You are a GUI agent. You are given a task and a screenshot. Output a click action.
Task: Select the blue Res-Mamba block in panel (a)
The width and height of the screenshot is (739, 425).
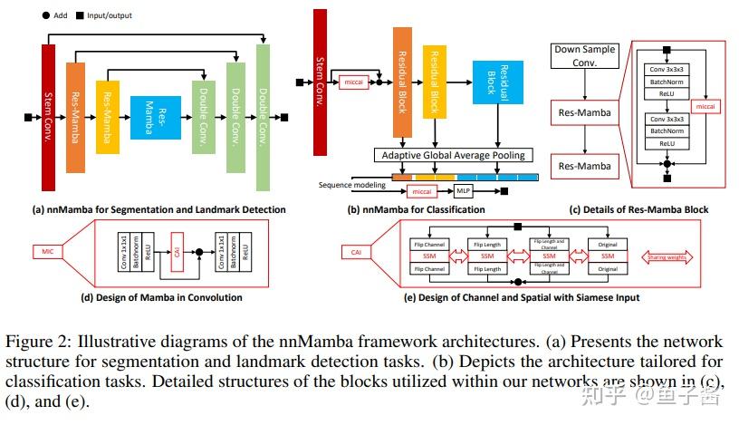156,116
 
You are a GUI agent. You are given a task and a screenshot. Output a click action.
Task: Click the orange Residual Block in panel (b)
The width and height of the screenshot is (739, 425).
402,82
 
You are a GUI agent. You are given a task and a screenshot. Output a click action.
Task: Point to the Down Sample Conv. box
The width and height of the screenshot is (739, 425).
586,57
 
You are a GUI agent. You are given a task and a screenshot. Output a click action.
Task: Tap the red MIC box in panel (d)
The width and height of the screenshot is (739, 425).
50,249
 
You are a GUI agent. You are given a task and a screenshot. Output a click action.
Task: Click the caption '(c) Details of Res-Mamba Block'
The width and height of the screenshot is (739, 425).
638,210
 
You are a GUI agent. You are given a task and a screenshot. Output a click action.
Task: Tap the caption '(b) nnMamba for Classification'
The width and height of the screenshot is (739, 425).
416,210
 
